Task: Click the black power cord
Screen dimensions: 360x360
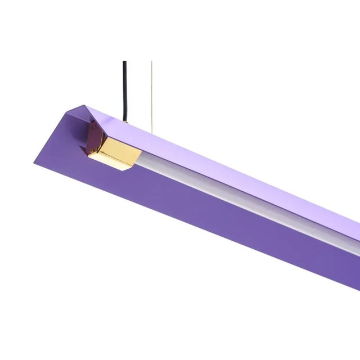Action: point(124,90)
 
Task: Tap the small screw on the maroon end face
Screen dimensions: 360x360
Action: point(94,138)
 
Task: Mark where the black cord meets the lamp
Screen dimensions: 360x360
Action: point(125,120)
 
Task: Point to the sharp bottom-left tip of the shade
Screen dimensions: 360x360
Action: point(35,163)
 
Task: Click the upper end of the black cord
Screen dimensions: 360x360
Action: point(124,62)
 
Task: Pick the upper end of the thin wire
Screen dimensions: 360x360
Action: point(150,62)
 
